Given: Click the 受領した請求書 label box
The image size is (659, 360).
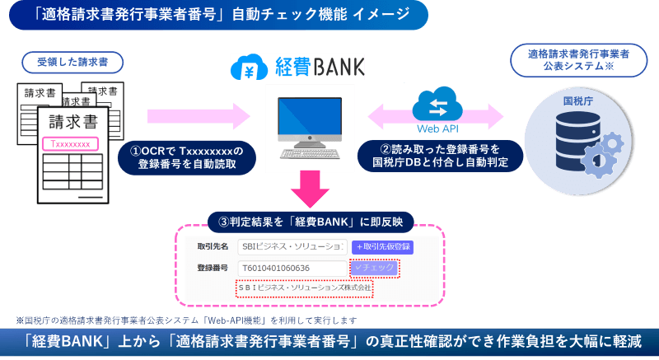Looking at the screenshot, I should click(x=75, y=63).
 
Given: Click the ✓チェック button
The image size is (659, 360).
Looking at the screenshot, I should click(x=374, y=269).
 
